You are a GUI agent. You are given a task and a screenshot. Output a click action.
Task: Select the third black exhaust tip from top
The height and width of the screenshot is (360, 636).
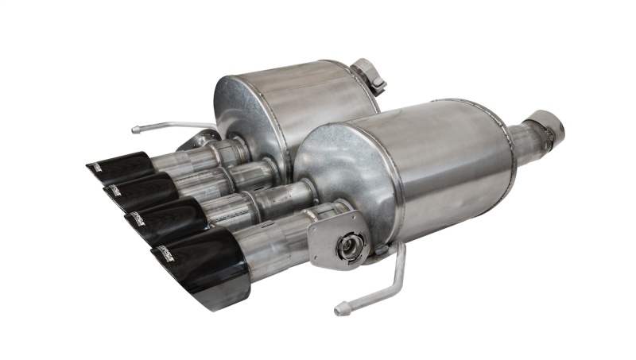(163, 213)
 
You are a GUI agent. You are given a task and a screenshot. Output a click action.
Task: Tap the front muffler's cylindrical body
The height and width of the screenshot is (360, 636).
(445, 167)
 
